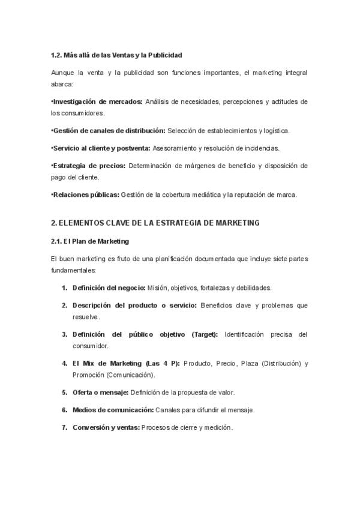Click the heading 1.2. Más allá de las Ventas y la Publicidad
(116, 55)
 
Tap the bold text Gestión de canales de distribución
(109, 130)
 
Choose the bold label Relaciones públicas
(86, 194)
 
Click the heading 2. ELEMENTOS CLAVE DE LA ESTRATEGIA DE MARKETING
(155, 223)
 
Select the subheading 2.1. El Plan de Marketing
(90, 241)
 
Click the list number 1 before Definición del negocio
(64, 288)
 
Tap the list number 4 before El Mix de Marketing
(64, 363)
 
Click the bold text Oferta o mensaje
(100, 392)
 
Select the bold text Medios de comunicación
(113, 409)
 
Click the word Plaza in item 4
(251, 363)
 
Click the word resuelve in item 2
(86, 316)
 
